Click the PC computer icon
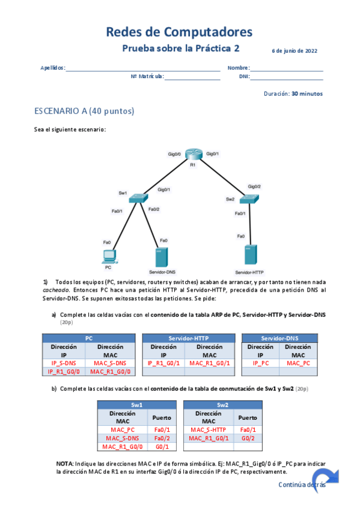[x=108, y=256]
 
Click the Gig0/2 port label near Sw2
[x=255, y=186]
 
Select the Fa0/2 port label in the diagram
[x=154, y=209]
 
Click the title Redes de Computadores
[x=179, y=32]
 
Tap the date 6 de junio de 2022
[x=294, y=51]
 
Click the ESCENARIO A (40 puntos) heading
[x=84, y=111]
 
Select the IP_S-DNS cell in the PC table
[x=63, y=363]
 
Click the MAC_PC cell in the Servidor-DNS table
[x=298, y=363]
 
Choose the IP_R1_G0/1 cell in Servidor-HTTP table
[x=163, y=363]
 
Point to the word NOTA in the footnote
[x=64, y=464]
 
